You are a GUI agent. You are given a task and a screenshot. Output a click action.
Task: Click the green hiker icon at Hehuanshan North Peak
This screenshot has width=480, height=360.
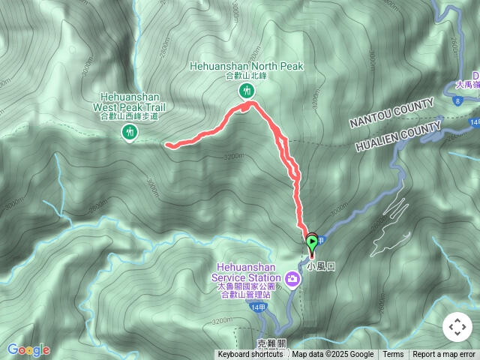click(x=245, y=91)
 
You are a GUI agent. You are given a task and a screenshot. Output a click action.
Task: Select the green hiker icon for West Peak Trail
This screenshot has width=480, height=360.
click(x=129, y=133)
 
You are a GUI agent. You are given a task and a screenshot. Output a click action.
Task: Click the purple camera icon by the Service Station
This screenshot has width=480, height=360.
click(x=292, y=280)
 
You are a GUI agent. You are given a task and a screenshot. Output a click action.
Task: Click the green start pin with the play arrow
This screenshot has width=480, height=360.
click(x=311, y=241)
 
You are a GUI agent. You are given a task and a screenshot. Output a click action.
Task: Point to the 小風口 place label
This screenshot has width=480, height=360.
click(x=319, y=265)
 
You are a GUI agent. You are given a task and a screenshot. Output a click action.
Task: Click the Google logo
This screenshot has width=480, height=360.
click(x=28, y=349)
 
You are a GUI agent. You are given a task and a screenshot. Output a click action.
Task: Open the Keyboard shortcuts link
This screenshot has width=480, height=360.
click(x=250, y=355)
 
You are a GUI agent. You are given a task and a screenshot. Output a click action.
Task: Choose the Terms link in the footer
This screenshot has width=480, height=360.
click(x=393, y=355)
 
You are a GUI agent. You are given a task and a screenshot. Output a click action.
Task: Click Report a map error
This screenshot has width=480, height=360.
click(x=444, y=355)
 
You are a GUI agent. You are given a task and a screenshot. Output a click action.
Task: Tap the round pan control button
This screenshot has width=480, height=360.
click(x=457, y=328)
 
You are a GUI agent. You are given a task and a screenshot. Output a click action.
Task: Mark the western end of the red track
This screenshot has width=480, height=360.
click(x=167, y=145)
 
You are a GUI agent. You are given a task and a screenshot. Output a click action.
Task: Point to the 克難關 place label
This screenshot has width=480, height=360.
click(x=271, y=343)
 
